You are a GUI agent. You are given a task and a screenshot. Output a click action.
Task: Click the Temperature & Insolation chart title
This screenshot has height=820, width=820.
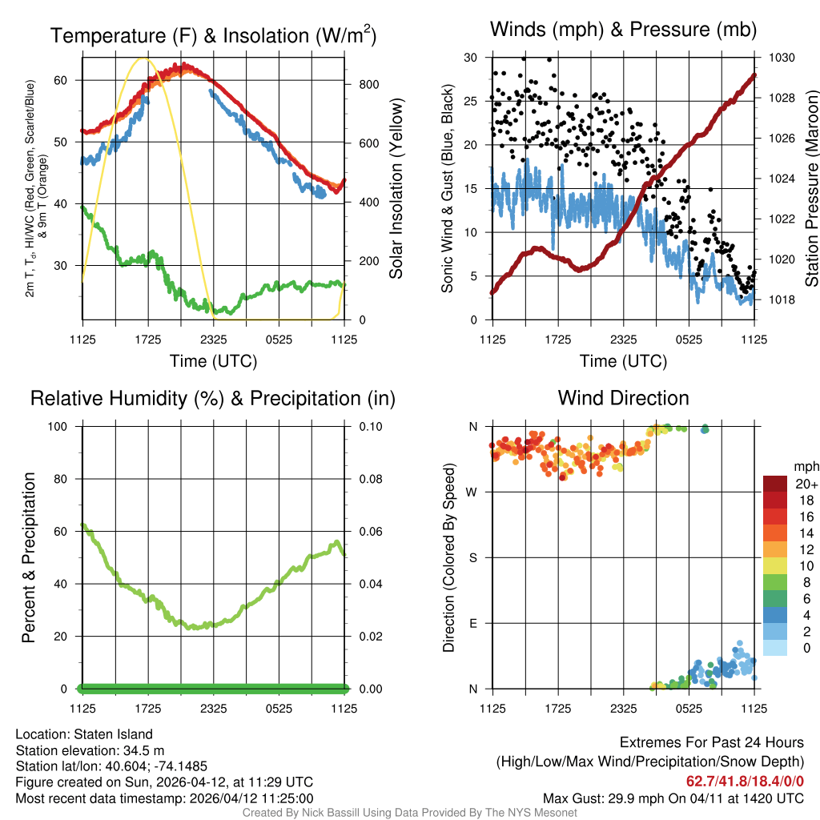click(x=213, y=36)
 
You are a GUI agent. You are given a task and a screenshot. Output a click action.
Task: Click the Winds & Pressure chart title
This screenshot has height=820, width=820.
click(x=623, y=30)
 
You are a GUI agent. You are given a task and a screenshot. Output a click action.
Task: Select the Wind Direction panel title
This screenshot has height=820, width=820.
click(x=623, y=398)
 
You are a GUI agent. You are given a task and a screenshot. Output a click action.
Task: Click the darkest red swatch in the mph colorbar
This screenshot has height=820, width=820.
click(x=774, y=484)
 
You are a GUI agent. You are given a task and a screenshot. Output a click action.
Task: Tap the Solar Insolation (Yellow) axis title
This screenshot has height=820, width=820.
click(x=396, y=189)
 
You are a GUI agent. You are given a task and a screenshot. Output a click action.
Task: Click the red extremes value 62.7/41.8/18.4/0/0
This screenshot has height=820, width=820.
click(x=745, y=782)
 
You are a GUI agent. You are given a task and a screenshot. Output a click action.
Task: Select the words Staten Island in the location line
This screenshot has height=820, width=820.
click(x=111, y=734)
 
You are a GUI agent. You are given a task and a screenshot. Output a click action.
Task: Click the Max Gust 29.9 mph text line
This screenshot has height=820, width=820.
click(x=673, y=798)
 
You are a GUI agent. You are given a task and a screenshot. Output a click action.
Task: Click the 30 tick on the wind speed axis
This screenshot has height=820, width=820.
click(x=471, y=58)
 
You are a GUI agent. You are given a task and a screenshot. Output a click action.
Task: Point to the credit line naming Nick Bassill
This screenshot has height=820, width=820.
click(x=409, y=813)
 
